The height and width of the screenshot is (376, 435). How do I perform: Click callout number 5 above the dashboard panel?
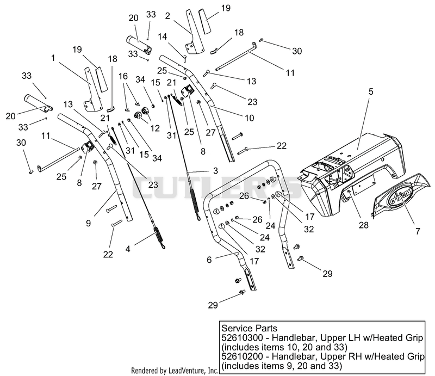pyautogui.click(x=371, y=91)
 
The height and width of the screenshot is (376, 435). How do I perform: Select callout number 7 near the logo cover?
pyautogui.click(x=418, y=231)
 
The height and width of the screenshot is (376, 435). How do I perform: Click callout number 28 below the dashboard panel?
pyautogui.click(x=363, y=225)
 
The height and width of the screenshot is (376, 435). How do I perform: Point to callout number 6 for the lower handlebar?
pyautogui.click(x=209, y=260)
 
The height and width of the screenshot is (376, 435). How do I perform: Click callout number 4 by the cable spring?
pyautogui.click(x=128, y=249)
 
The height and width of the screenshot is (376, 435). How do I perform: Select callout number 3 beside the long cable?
pyautogui.click(x=215, y=170)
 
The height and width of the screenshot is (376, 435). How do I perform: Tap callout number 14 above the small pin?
pyautogui.click(x=163, y=36)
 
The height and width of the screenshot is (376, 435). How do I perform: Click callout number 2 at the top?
pyautogui.click(x=167, y=16)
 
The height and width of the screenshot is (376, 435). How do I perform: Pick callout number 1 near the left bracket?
pyautogui.click(x=53, y=58)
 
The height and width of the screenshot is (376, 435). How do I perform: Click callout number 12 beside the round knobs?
pyautogui.click(x=155, y=128)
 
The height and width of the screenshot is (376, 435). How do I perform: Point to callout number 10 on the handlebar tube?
pyautogui.click(x=250, y=118)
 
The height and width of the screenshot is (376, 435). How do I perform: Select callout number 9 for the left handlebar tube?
pyautogui.click(x=88, y=223)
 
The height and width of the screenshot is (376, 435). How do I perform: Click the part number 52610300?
pyautogui.click(x=242, y=338)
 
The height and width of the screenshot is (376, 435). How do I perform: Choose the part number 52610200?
pyautogui.click(x=242, y=356)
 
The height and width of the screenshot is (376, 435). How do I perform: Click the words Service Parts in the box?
pyautogui.click(x=249, y=328)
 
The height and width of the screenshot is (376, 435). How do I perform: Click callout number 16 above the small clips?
pyautogui.click(x=123, y=76)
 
